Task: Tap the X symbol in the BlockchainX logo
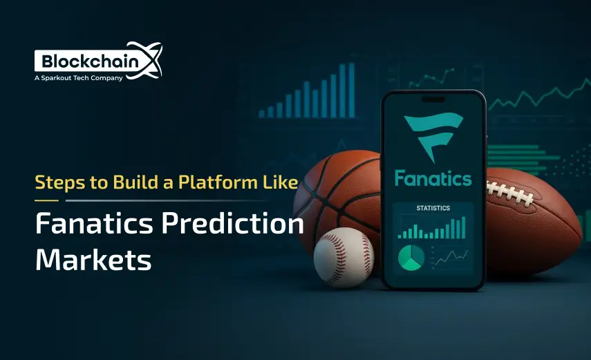(148, 59)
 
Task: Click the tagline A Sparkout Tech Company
(78, 78)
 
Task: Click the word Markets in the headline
(93, 260)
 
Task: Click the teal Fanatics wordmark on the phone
(433, 178)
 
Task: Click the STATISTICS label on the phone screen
(433, 208)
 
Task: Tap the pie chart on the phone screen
(411, 258)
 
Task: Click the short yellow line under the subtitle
(46, 200)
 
